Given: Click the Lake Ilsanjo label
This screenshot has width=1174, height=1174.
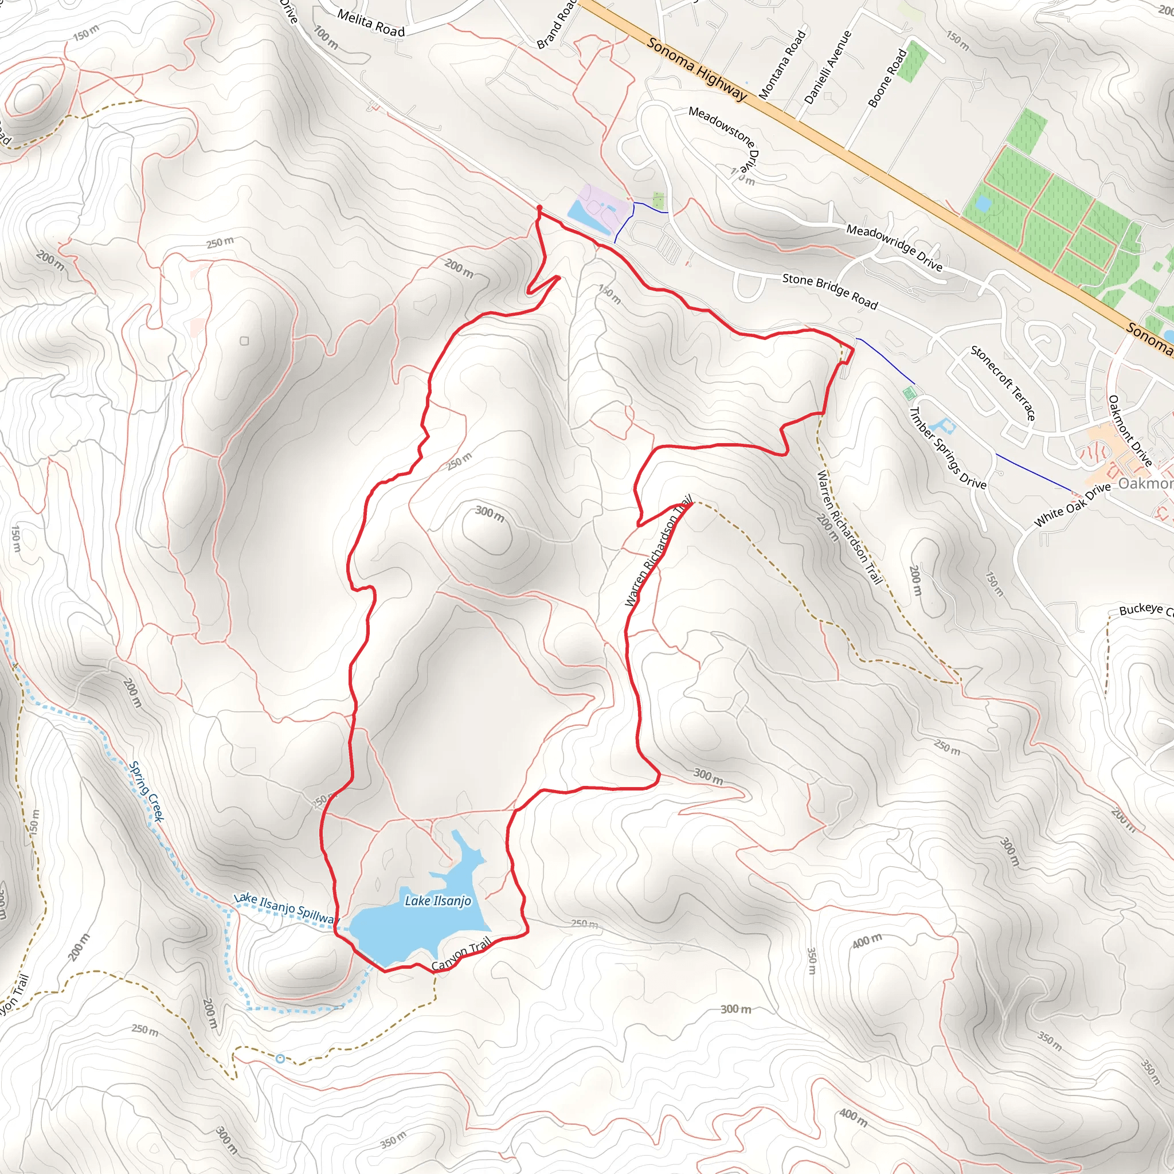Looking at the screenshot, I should click(437, 901).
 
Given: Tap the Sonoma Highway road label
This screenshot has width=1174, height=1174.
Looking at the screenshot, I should click(696, 69).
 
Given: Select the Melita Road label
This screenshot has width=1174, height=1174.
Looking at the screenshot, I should click(371, 23).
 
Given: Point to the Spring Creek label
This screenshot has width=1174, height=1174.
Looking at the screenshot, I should click(146, 791).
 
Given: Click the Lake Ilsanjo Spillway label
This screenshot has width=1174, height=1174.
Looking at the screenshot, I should click(284, 908).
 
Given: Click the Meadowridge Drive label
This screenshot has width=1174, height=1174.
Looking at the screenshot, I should click(894, 247).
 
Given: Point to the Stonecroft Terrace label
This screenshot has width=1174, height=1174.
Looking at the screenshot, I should click(1003, 383).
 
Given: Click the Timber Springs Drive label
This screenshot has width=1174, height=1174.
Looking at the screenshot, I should click(947, 448).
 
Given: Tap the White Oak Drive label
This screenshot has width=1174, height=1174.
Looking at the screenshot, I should click(1072, 505).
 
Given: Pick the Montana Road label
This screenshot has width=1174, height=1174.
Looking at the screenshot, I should click(782, 64).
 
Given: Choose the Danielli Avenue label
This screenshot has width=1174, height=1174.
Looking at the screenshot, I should click(828, 67).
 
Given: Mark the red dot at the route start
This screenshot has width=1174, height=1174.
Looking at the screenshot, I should click(539, 208).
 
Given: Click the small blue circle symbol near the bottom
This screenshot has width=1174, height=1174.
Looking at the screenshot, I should click(280, 1059).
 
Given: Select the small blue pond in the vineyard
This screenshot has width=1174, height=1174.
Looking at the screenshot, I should click(982, 204).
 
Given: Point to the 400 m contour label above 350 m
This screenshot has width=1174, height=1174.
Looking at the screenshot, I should click(866, 941).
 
